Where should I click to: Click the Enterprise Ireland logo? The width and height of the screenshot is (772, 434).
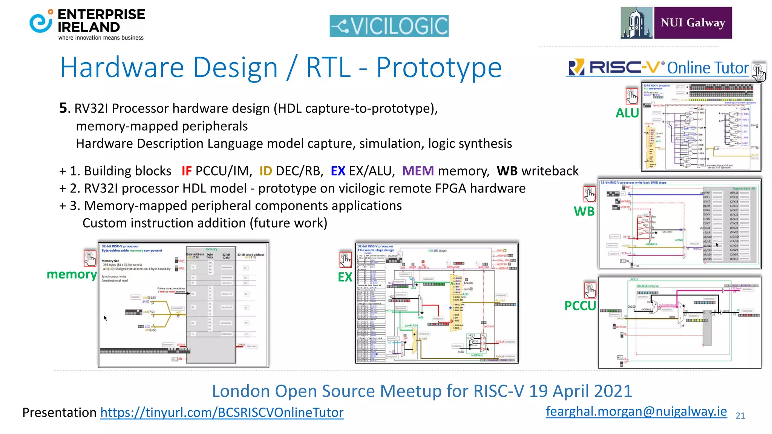click(87, 24)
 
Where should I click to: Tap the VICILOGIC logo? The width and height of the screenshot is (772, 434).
click(389, 26)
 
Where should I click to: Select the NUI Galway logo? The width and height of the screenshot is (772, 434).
click(676, 23)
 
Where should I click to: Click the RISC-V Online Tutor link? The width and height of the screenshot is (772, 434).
click(658, 68)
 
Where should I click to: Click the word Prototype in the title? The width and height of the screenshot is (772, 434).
click(439, 68)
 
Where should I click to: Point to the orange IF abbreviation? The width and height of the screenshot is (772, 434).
click(187, 171)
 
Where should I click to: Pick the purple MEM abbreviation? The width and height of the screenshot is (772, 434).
click(418, 171)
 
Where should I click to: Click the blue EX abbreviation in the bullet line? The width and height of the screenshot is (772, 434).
click(338, 171)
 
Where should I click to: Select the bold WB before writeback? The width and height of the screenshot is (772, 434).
click(507, 171)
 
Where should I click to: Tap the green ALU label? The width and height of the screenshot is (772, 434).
click(627, 113)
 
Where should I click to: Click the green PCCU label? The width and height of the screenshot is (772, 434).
click(580, 306)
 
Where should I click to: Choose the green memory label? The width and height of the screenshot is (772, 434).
click(72, 274)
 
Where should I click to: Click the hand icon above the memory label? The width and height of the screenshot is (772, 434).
click(90, 258)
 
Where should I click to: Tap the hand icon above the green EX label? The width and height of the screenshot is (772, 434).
click(345, 260)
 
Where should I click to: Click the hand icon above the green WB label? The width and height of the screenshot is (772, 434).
click(590, 194)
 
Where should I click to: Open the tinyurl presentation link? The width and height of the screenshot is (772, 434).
click(222, 413)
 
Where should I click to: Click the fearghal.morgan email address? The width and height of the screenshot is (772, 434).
click(636, 411)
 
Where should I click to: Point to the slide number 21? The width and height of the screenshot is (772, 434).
click(740, 416)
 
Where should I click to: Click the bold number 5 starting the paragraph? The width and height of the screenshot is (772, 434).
click(63, 108)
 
